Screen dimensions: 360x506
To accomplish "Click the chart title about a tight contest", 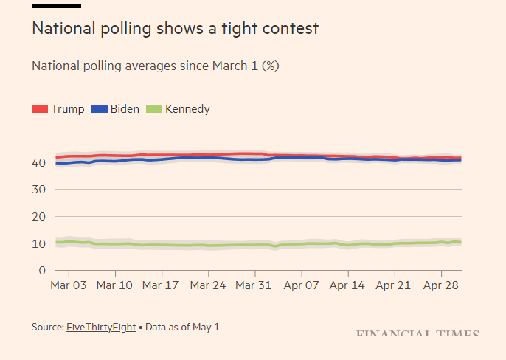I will click(175, 29).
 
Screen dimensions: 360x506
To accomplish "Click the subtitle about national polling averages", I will click(155, 66).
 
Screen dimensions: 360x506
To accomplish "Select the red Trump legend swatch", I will click(40, 109).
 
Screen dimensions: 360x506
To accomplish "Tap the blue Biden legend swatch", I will click(99, 109).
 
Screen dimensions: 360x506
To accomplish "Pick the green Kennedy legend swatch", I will click(153, 109).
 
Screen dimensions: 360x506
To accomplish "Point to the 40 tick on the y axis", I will click(39, 162).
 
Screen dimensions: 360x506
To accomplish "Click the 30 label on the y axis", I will click(39, 190).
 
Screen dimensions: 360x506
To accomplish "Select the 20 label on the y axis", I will click(39, 217).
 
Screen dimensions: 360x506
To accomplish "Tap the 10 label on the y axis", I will click(39, 243).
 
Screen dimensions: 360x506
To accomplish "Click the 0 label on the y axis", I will click(43, 271).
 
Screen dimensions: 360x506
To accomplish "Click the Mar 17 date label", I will click(161, 285).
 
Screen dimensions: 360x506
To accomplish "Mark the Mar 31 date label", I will click(254, 285).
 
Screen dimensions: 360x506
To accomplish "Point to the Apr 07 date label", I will click(301, 285).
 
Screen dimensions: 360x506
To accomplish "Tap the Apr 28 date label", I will click(441, 285).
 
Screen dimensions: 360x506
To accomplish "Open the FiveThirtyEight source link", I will click(101, 327).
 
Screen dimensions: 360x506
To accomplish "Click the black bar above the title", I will click(56, 6).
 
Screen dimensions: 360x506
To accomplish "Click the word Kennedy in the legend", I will click(187, 109).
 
